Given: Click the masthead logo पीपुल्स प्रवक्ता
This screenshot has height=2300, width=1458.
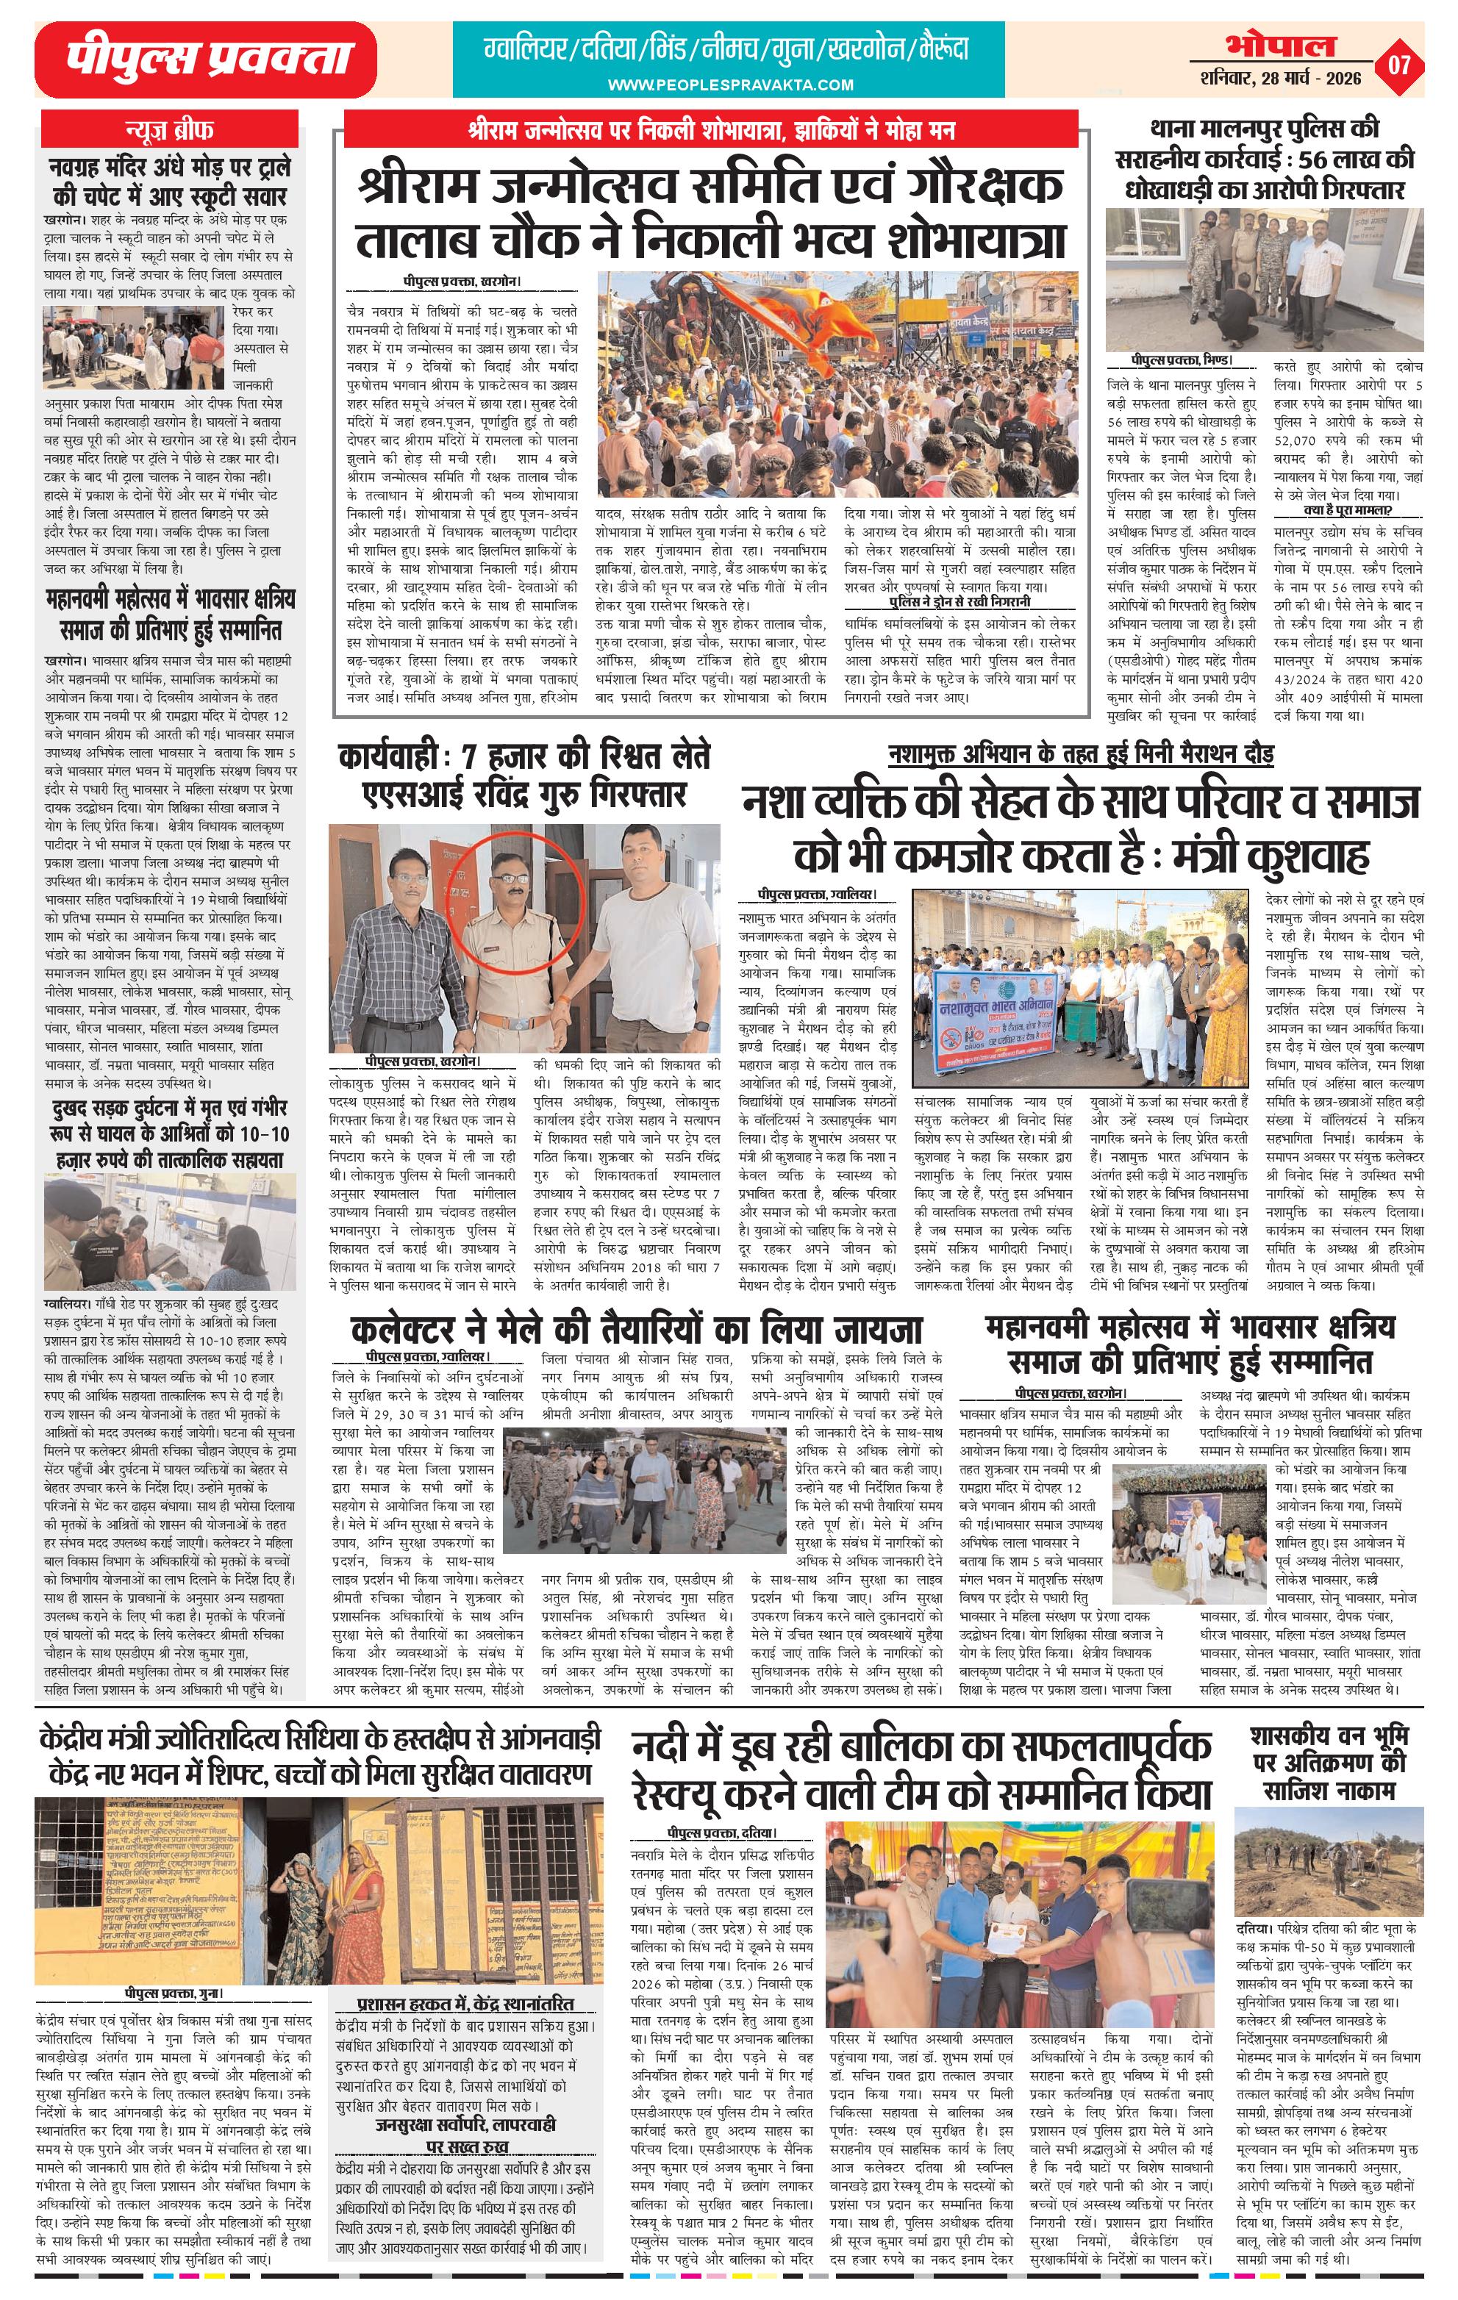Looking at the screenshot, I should pyautogui.click(x=205, y=60).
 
